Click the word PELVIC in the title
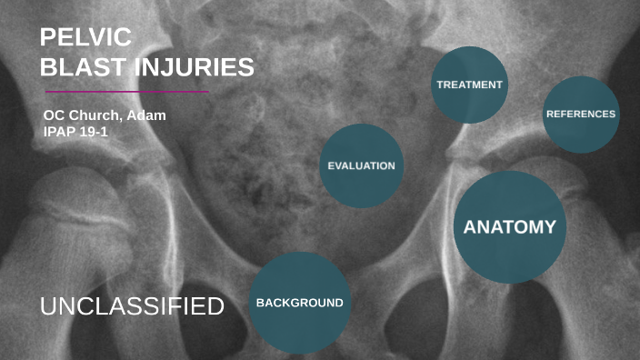click(86, 38)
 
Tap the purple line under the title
click(126, 92)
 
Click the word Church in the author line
click(97, 115)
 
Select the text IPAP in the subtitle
click(60, 131)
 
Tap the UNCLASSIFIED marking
click(132, 306)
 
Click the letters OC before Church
click(54, 115)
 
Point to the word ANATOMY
click(509, 227)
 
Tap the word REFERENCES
click(581, 115)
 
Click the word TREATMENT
click(469, 85)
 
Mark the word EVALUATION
click(361, 166)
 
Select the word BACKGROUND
click(299, 303)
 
